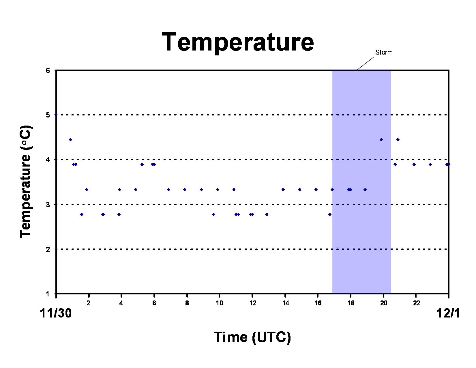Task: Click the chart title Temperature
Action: pyautogui.click(x=238, y=42)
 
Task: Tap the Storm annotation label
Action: pyautogui.click(x=384, y=52)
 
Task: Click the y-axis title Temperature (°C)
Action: pyautogui.click(x=26, y=182)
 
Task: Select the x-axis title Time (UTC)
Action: pyautogui.click(x=252, y=337)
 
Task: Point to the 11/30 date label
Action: pyautogui.click(x=56, y=313)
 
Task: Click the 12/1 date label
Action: pyautogui.click(x=448, y=313)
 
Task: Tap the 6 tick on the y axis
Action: pyautogui.click(x=48, y=70)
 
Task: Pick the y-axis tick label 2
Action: pyautogui.click(x=48, y=249)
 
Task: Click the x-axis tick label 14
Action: pyautogui.click(x=285, y=303)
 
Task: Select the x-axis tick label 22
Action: pyautogui.click(x=416, y=303)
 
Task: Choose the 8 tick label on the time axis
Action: pyautogui.click(x=187, y=303)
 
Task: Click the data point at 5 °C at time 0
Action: pyautogui.click(x=56, y=115)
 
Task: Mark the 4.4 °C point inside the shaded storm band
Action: pyautogui.click(x=381, y=140)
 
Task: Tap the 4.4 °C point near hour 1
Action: pyautogui.click(x=70, y=140)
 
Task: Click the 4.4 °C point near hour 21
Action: pyautogui.click(x=398, y=140)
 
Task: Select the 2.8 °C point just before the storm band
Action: pyautogui.click(x=330, y=214)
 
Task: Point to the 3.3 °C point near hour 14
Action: pyautogui.click(x=283, y=190)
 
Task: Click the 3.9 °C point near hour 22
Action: pyautogui.click(x=414, y=165)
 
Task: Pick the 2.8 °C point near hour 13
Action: pyautogui.click(x=267, y=214)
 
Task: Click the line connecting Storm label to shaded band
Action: pyautogui.click(x=365, y=64)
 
